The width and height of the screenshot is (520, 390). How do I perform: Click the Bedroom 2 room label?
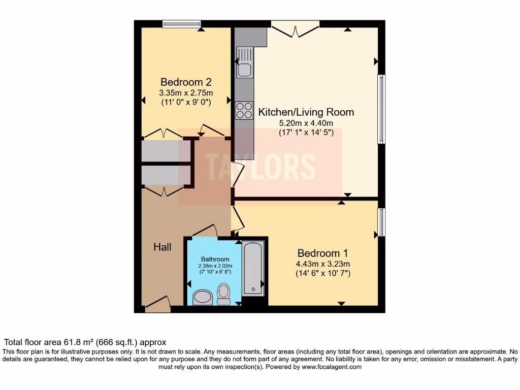click(186, 82)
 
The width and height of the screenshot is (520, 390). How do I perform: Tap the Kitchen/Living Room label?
click(306, 112)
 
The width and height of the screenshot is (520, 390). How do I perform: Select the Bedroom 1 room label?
click(323, 253)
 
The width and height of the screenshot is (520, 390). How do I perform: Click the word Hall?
click(162, 247)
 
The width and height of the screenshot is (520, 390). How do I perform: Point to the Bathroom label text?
click(215, 258)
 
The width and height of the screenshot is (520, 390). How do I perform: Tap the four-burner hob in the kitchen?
click(244, 110)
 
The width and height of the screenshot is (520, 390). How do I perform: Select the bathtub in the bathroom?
click(252, 269)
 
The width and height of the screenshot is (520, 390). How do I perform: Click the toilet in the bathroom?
click(223, 294)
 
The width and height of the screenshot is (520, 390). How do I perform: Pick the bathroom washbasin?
click(203, 297)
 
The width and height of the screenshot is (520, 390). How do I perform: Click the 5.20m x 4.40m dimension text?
click(306, 123)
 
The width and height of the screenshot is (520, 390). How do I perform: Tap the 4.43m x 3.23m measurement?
click(323, 264)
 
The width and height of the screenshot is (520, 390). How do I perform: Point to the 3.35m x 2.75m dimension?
click(186, 92)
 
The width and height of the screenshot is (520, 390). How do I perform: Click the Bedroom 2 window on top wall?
click(181, 23)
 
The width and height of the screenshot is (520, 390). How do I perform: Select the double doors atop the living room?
click(296, 27)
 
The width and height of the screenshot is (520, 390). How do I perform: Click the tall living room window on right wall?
click(381, 109)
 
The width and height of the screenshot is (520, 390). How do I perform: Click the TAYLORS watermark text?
click(260, 166)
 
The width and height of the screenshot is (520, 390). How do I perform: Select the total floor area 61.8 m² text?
click(85, 343)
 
